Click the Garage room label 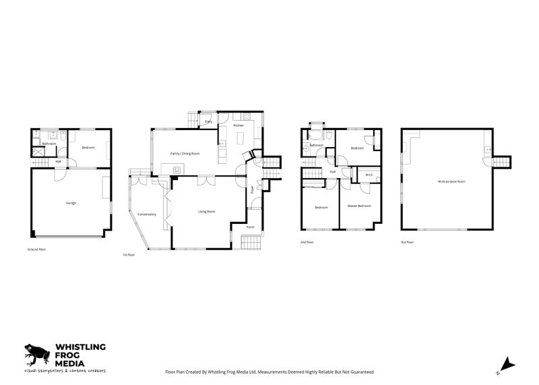71,202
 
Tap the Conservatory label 147,214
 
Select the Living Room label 206,212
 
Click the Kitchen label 239,126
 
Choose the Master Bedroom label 359,206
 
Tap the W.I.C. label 368,176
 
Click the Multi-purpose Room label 451,181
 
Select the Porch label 250,227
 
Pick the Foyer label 252,189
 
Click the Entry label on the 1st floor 209,122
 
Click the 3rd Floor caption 407,241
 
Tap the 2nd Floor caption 307,241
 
